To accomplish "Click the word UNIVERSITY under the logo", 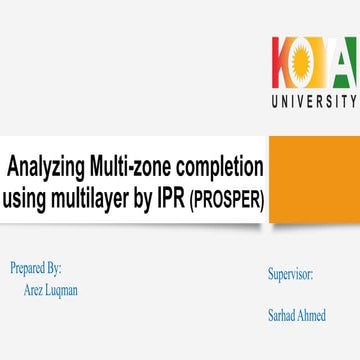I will [x=313, y=101].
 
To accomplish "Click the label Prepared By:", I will [x=36, y=269].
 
